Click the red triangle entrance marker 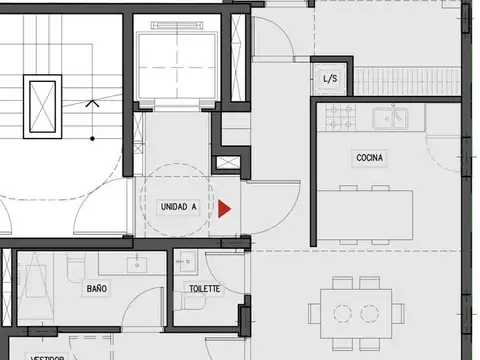coord(225,208)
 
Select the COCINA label coord(371,158)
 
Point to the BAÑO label coord(97,288)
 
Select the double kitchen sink coord(391,119)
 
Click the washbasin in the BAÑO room coord(139,264)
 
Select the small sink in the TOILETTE coord(186,261)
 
